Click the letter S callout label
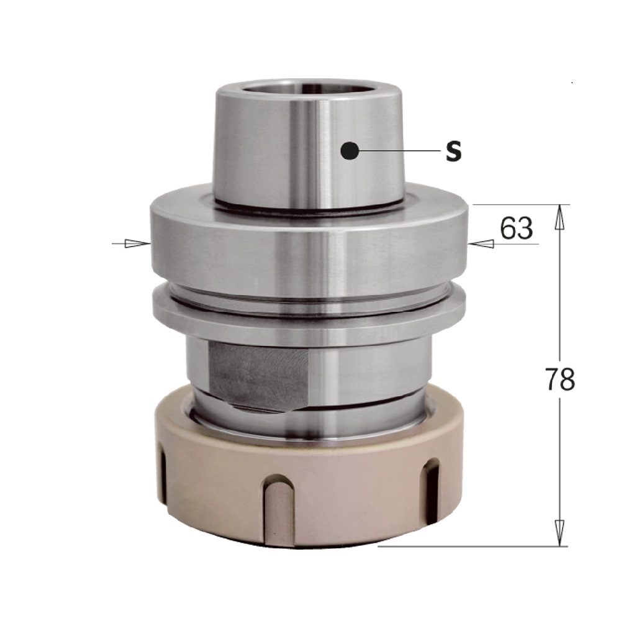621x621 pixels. (453, 151)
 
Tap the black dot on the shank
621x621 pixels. (350, 150)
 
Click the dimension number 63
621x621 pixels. (517, 228)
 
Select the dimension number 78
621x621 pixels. (560, 379)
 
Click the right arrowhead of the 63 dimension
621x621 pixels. (481, 244)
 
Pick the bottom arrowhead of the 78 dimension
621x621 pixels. (560, 533)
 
